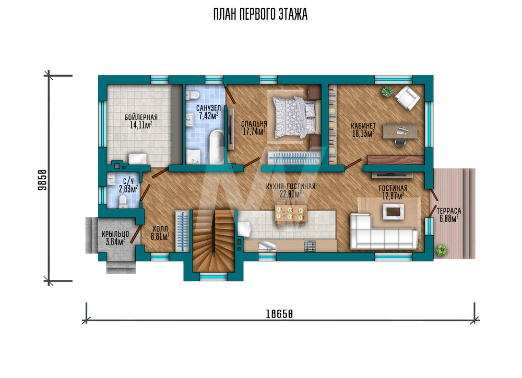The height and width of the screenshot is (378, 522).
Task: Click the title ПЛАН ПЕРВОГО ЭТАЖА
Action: click(x=260, y=14)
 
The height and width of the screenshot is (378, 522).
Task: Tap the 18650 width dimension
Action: click(x=279, y=314)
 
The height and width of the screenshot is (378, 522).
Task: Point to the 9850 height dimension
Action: click(x=42, y=180)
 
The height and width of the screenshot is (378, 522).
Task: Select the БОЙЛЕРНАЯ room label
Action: click(x=141, y=117)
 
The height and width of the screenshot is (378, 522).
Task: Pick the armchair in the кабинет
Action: click(x=407, y=97)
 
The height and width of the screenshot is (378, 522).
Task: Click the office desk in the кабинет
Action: click(x=400, y=131)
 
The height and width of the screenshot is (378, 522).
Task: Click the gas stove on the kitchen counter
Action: click(x=310, y=246)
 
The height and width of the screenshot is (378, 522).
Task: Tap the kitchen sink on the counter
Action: click(x=267, y=246)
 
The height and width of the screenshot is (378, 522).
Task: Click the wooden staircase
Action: click(x=214, y=241)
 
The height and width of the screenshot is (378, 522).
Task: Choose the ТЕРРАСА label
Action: click(x=449, y=211)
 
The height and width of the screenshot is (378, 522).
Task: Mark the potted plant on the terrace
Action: click(x=441, y=250)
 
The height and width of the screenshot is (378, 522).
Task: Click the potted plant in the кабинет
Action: click(x=387, y=91)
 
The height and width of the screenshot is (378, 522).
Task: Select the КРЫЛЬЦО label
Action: click(x=115, y=235)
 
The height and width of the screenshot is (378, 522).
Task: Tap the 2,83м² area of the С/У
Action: click(x=128, y=189)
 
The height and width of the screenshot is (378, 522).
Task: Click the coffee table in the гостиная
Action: click(x=394, y=212)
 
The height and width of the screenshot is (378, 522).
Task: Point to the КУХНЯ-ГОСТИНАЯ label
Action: click(x=291, y=187)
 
